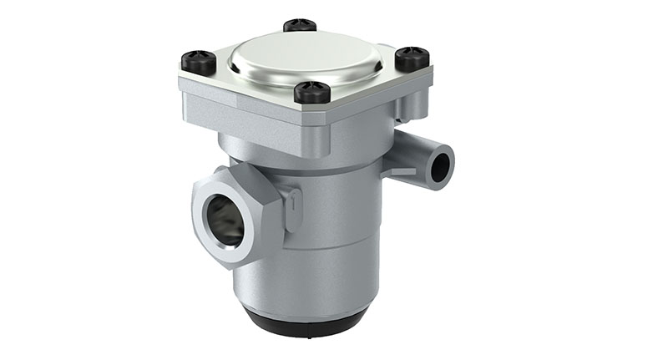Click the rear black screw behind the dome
pyautogui.click(x=300, y=25)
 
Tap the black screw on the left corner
pyautogui.click(x=199, y=62)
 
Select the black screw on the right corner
pyautogui.click(x=412, y=58)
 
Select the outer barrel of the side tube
pyautogui.click(x=409, y=150)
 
